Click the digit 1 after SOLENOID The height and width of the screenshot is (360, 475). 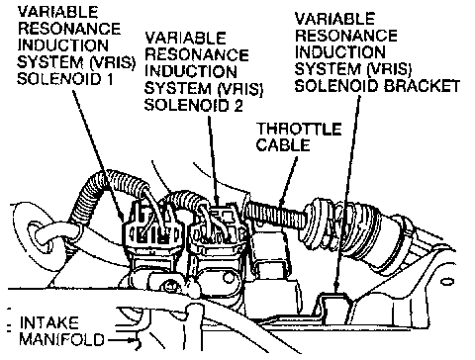click(x=109, y=79)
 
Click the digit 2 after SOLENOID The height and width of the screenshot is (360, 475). click(x=238, y=106)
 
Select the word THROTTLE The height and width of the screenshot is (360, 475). click(x=299, y=129)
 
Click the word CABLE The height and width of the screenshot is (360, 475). click(x=283, y=145)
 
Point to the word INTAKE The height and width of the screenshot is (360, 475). click(x=49, y=322)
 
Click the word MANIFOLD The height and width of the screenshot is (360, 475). click(x=61, y=339)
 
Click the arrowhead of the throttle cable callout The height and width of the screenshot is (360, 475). click(x=283, y=200)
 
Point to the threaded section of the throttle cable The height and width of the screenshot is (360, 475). click(x=275, y=214)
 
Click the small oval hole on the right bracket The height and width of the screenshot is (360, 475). click(x=447, y=282)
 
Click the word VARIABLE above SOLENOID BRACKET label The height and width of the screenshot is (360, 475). click(x=334, y=19)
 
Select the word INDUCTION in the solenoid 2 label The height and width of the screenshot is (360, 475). click(x=191, y=71)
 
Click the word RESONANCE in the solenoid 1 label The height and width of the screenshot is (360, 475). click(x=69, y=29)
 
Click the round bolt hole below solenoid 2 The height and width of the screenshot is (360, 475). click(x=229, y=277)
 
